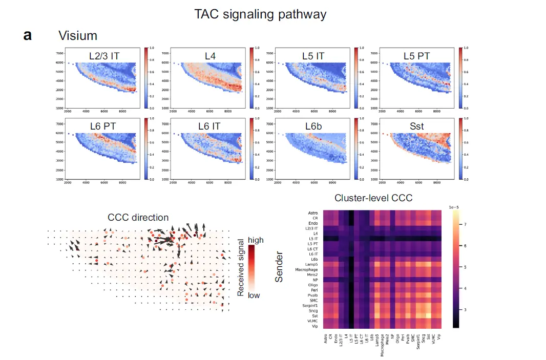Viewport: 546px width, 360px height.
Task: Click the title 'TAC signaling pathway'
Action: [x=260, y=14]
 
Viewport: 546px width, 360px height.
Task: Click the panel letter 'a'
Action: [x=28, y=35]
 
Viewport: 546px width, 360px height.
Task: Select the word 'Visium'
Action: [x=78, y=36]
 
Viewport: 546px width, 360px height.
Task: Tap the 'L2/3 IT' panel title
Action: [x=104, y=55]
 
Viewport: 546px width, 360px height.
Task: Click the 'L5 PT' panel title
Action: [x=416, y=55]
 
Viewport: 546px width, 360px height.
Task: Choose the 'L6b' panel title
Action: [x=312, y=126]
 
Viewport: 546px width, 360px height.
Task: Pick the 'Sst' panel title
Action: [x=416, y=126]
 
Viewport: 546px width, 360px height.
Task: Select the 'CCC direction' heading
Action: [x=138, y=218]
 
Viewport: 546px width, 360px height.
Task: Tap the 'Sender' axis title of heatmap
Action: [x=280, y=269]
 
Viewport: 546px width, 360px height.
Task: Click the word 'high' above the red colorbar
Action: [x=255, y=240]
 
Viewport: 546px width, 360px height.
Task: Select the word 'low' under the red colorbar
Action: [x=255, y=295]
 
